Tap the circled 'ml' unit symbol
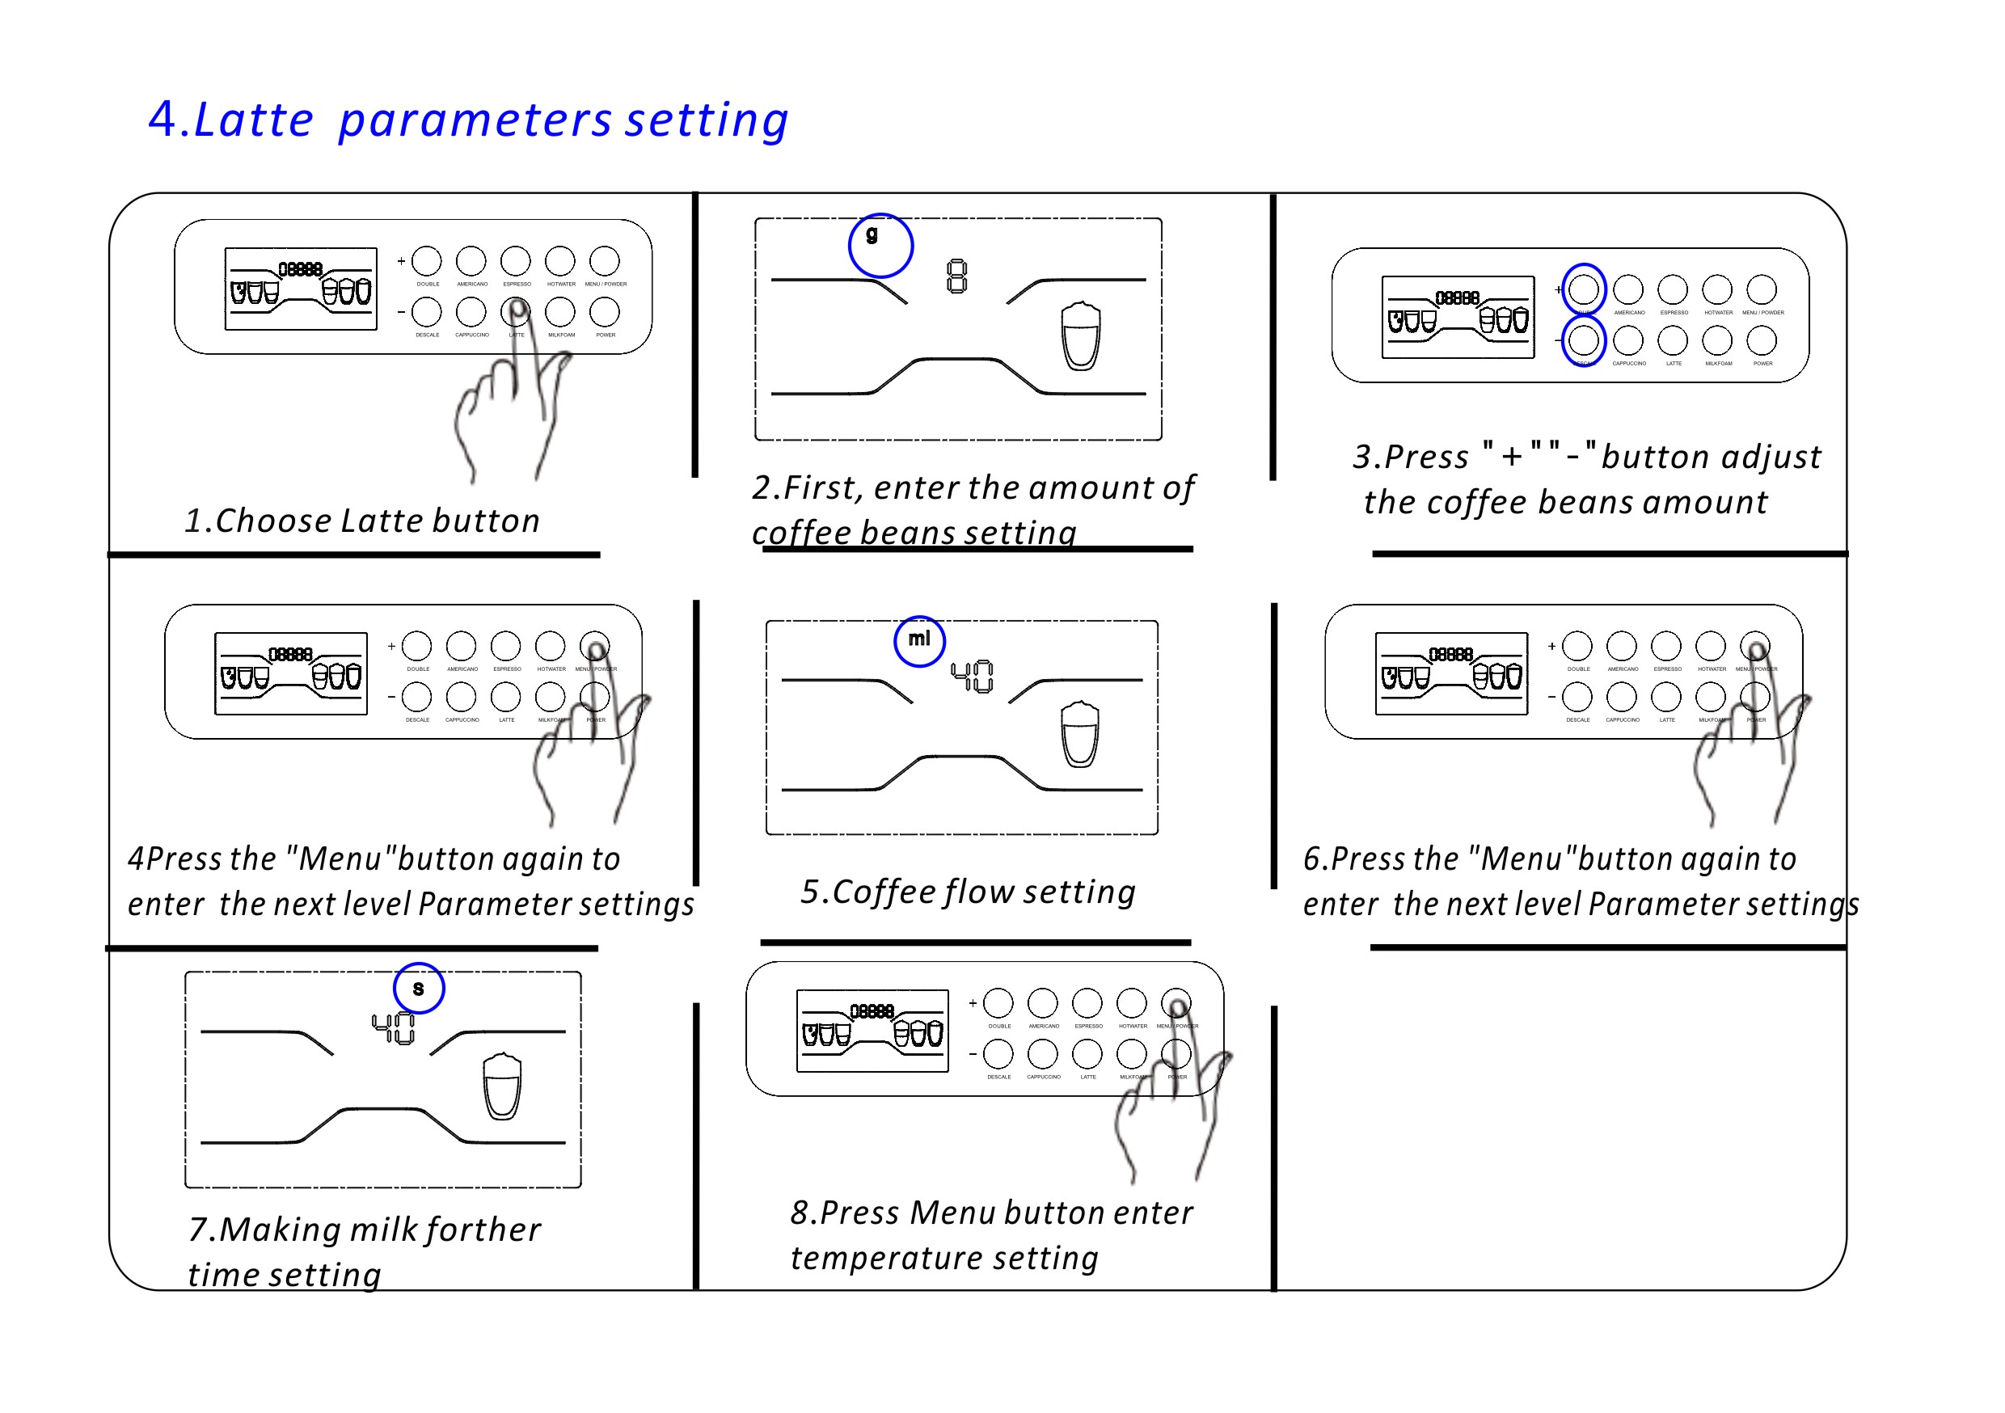tap(919, 642)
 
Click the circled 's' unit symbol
tap(418, 989)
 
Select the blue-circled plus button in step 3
tap(1583, 289)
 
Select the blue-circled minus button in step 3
tap(1583, 340)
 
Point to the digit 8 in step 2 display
tap(957, 276)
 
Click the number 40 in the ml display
tap(972, 676)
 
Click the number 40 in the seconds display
tap(393, 1028)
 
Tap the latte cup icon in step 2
tap(1080, 336)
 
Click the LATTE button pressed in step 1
tap(515, 312)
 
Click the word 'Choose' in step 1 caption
tap(272, 521)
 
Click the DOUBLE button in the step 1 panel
tap(427, 261)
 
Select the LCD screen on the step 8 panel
tap(872, 1031)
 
